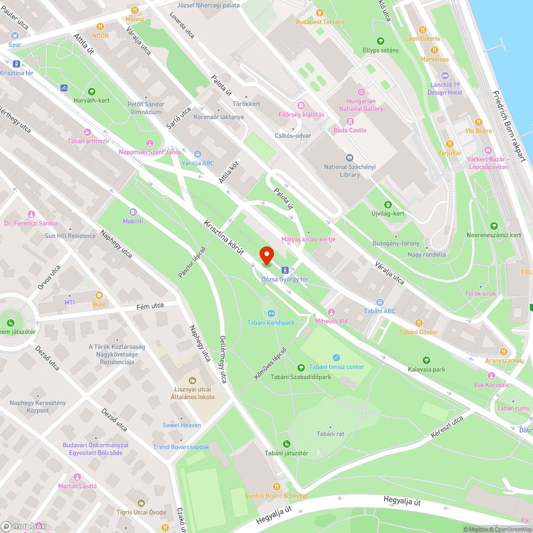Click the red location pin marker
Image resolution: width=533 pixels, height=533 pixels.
coord(266,256)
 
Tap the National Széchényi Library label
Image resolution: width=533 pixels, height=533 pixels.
coord(350,171)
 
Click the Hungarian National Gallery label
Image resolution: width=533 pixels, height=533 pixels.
coord(361,105)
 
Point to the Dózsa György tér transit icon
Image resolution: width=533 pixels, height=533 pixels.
coord(285,270)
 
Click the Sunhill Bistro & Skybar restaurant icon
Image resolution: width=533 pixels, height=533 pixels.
coord(276,486)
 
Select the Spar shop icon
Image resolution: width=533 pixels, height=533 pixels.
coord(15,36)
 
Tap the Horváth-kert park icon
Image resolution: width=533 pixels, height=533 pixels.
coord(92,91)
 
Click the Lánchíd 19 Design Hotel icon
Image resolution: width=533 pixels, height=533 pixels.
coord(446,75)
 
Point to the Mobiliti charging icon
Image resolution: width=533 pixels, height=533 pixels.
coord(133,212)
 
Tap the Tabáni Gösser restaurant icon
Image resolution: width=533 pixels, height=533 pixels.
coord(418,322)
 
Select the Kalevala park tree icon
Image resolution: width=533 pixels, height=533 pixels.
coord(426,360)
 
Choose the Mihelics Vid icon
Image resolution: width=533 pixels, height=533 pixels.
coord(331,312)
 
